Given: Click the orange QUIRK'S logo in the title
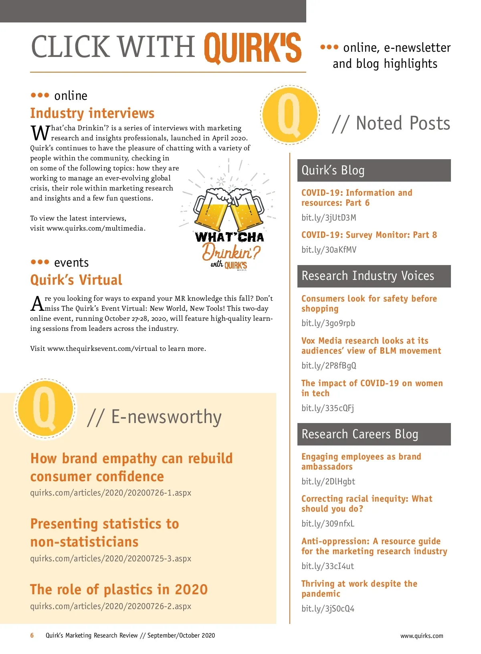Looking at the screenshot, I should pyautogui.click(x=253, y=48).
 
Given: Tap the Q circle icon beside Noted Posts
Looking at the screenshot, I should pyautogui.click(x=289, y=115).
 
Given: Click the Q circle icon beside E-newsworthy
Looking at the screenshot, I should pyautogui.click(x=45, y=409).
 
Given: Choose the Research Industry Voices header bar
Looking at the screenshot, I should pyautogui.click(x=374, y=276).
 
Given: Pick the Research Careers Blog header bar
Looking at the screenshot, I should pyautogui.click(x=374, y=434).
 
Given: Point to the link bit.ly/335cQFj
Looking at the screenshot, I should pyautogui.click(x=327, y=408).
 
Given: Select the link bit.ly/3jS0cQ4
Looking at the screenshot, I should pyautogui.click(x=328, y=609).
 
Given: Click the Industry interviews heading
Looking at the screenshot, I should pyautogui.click(x=92, y=113).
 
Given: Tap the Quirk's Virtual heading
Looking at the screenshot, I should pyautogui.click(x=76, y=280).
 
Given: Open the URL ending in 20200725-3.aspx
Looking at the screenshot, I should pyautogui.click(x=111, y=559).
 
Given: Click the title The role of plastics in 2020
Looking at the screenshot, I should pyautogui.click(x=119, y=589).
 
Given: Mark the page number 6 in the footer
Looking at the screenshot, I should pyautogui.click(x=32, y=636).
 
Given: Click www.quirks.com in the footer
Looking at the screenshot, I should pyautogui.click(x=422, y=636).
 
